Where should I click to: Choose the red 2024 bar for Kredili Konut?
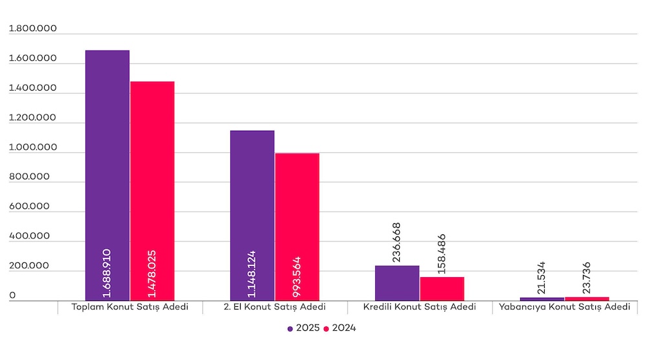point(442,289)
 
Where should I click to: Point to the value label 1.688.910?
point(107,271)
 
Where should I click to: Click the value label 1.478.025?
point(152,271)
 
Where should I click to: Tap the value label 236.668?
point(397,242)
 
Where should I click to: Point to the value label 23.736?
point(587,278)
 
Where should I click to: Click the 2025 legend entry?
point(303,328)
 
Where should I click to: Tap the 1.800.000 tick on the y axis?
point(32,29)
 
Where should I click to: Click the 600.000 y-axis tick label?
point(29,207)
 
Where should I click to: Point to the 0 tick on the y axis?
point(12,296)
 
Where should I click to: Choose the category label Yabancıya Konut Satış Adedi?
point(564,307)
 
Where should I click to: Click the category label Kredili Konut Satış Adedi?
point(420,307)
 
